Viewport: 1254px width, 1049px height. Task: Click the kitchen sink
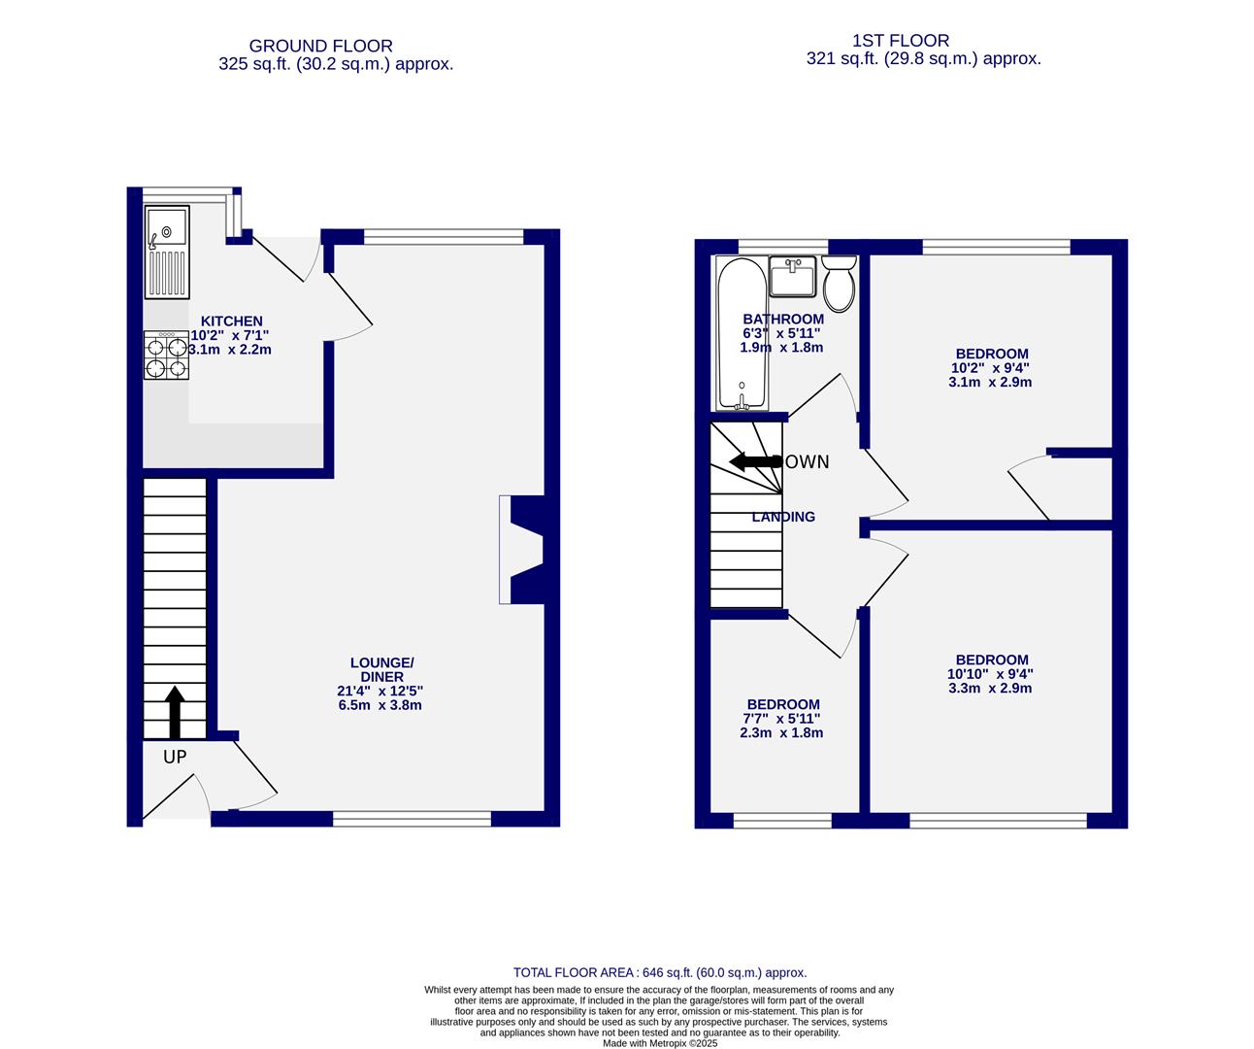pyautogui.click(x=167, y=253)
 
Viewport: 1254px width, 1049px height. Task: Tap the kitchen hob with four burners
pyautogui.click(x=166, y=355)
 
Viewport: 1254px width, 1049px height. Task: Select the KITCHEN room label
pyautogui.click(x=231, y=321)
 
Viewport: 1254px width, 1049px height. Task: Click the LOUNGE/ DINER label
pyautogui.click(x=374, y=670)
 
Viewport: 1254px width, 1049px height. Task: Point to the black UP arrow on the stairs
pyautogui.click(x=175, y=713)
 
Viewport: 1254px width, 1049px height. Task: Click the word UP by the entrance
pyautogui.click(x=175, y=757)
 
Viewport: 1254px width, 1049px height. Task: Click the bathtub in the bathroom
pyautogui.click(x=741, y=333)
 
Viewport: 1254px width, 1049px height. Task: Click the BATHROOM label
pyautogui.click(x=782, y=319)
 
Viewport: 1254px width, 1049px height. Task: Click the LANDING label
pyautogui.click(x=783, y=517)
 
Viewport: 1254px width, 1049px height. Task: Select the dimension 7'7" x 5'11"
pyautogui.click(x=782, y=719)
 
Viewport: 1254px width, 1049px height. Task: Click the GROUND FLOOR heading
pyautogui.click(x=320, y=46)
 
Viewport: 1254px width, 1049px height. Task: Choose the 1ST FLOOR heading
pyautogui.click(x=900, y=41)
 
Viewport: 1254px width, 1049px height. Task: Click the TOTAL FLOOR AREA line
pyautogui.click(x=660, y=972)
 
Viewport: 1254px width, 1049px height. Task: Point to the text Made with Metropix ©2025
pyautogui.click(x=660, y=1043)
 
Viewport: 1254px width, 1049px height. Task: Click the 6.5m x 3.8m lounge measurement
pyautogui.click(x=374, y=705)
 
